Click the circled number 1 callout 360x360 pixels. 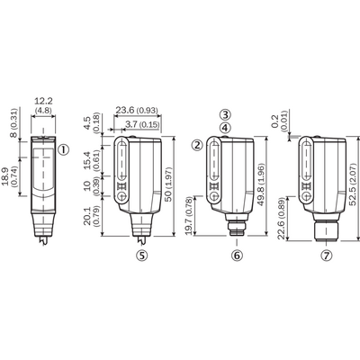pyautogui.click(x=64, y=149)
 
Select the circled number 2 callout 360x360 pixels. pyautogui.click(x=197, y=145)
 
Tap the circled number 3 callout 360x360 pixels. pyautogui.click(x=225, y=114)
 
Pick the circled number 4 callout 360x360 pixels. pyautogui.click(x=225, y=128)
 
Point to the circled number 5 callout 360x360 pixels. pyautogui.click(x=142, y=256)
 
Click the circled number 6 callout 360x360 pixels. pyautogui.click(x=237, y=256)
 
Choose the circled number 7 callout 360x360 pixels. pyautogui.click(x=327, y=256)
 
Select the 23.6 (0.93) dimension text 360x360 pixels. pyautogui.click(x=137, y=111)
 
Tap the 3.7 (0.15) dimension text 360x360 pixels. pyautogui.click(x=142, y=124)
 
